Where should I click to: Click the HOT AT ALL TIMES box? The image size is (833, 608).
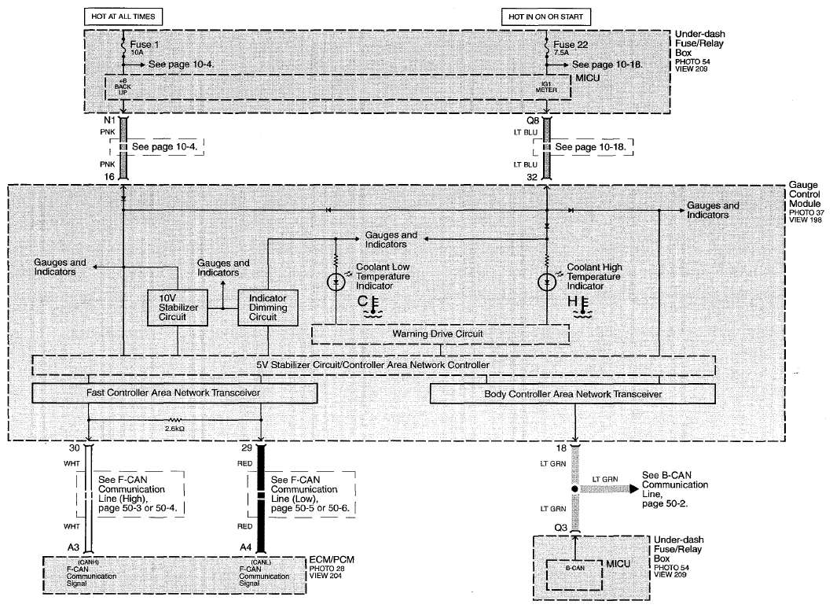click(x=123, y=17)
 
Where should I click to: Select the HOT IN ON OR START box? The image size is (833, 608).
click(x=545, y=17)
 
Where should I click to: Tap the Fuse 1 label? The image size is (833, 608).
click(x=145, y=45)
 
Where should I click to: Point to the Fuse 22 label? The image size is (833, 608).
click(x=571, y=45)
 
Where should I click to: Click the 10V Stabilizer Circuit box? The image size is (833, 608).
click(x=178, y=308)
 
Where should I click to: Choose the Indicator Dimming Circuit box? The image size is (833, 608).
click(x=268, y=308)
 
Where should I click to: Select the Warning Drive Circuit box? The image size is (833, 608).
click(x=440, y=334)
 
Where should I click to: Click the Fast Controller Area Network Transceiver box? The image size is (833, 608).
click(x=174, y=393)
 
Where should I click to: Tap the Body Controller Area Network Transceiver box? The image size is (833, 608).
click(x=573, y=394)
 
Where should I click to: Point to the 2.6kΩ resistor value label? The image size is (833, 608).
click(x=174, y=428)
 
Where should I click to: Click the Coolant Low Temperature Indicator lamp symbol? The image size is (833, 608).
click(x=336, y=282)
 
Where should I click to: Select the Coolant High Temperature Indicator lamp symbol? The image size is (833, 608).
click(x=547, y=282)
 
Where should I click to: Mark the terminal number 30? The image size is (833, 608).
click(x=74, y=448)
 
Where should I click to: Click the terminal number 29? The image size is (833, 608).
click(x=246, y=448)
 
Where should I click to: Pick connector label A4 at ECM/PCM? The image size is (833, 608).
click(x=245, y=547)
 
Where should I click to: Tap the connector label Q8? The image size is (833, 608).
click(x=533, y=121)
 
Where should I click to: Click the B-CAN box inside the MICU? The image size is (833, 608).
click(x=574, y=574)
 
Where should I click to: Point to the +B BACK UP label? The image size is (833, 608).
click(x=123, y=87)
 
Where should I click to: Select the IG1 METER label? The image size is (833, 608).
click(x=546, y=87)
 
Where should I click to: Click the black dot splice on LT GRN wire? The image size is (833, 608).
click(x=574, y=489)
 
